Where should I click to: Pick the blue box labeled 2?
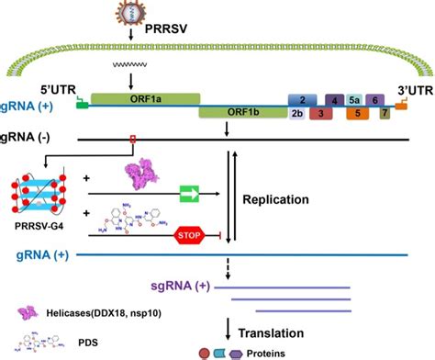point(302,99)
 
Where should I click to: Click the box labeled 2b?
point(296,114)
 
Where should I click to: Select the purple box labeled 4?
point(335,99)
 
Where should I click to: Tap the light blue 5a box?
point(354,99)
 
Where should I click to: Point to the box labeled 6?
point(374,99)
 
